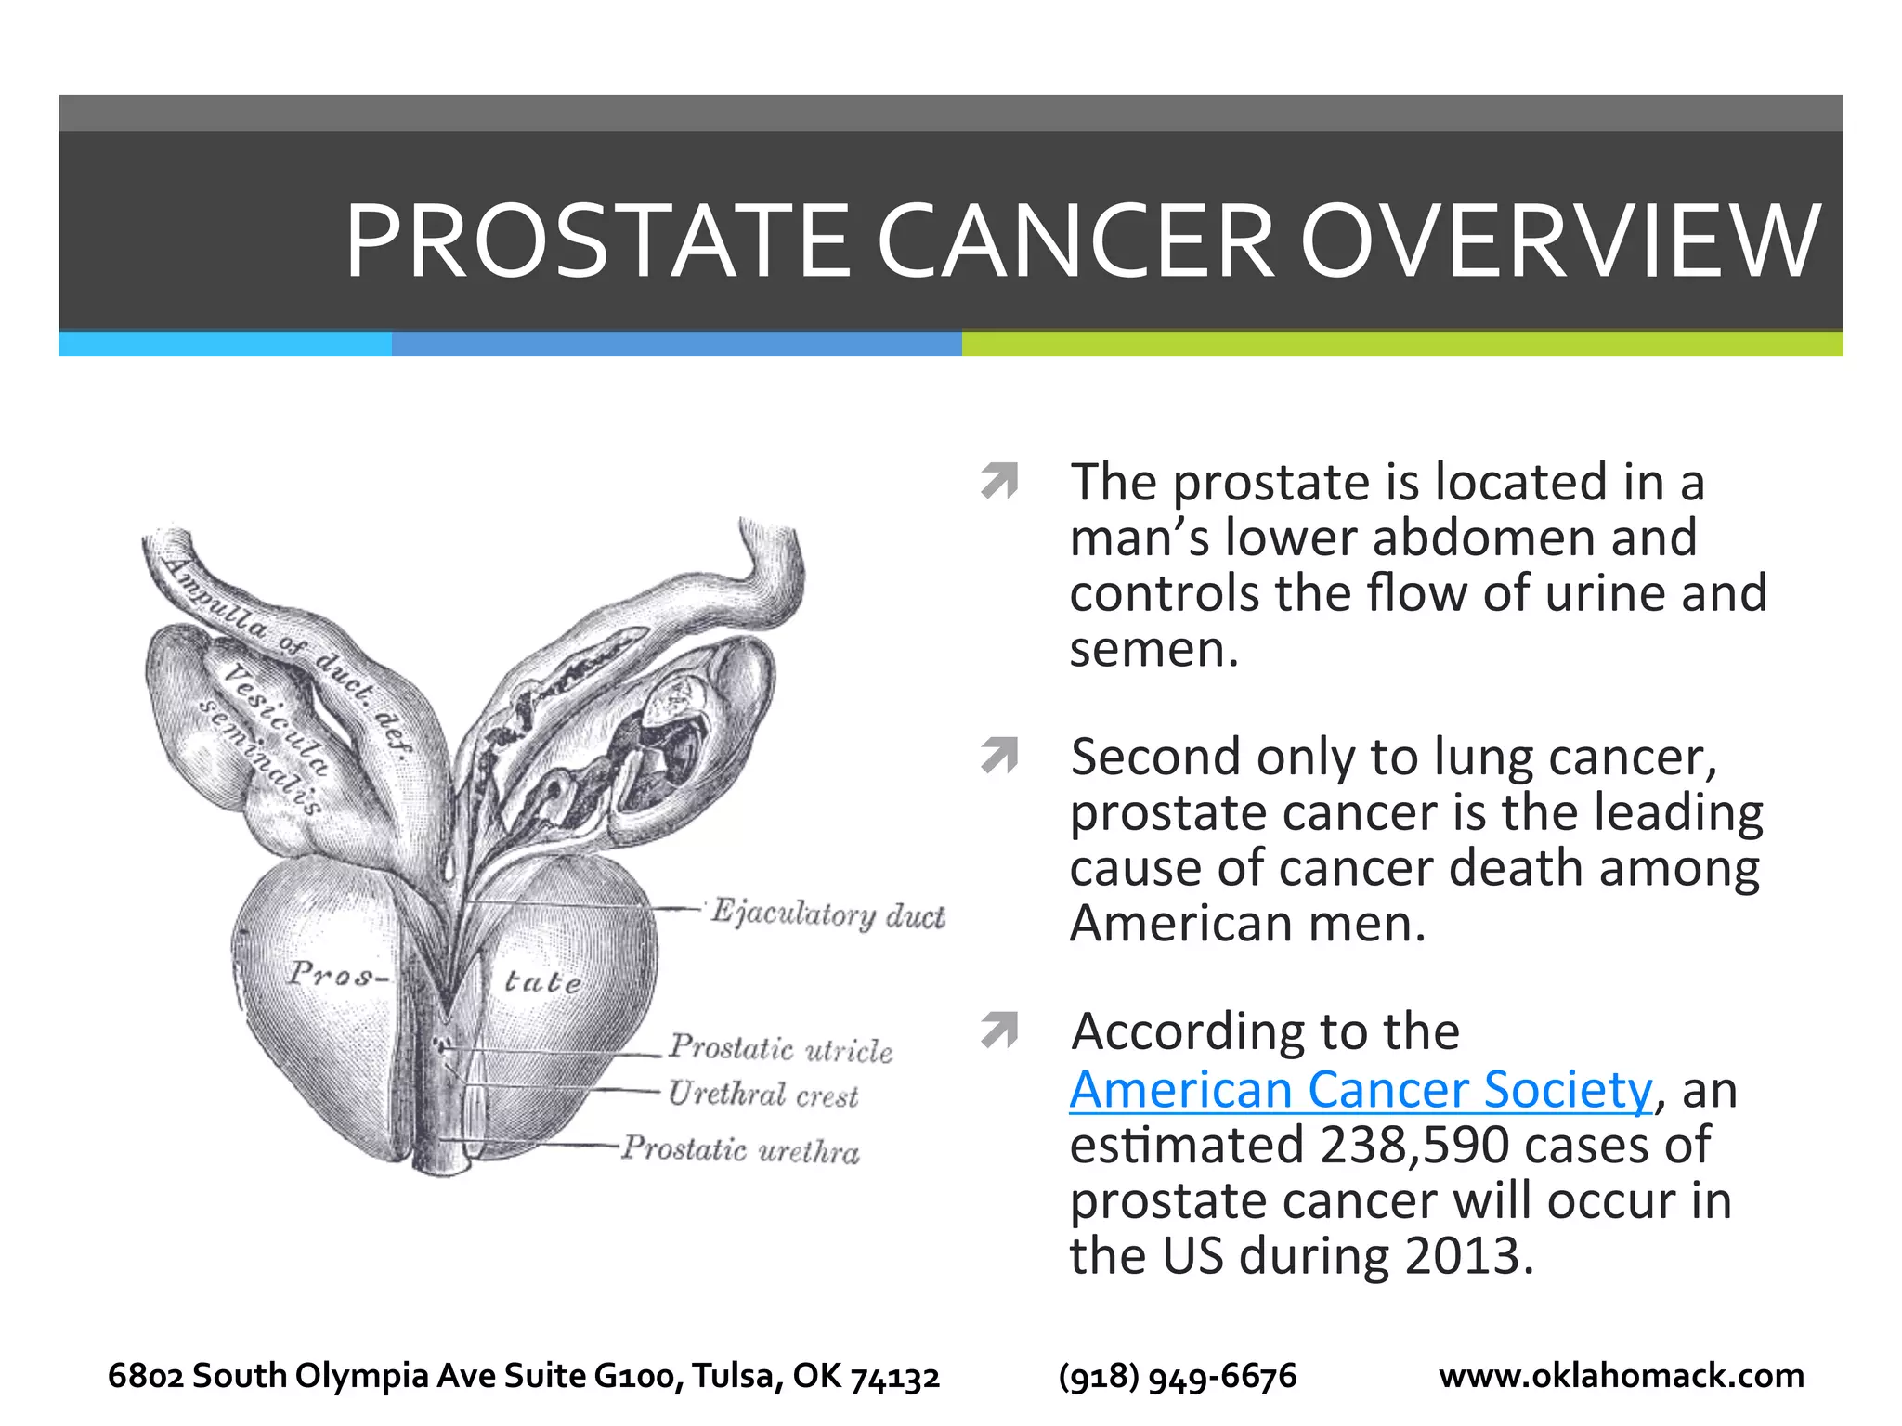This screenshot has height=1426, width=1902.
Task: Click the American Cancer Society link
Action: pyautogui.click(x=1361, y=1089)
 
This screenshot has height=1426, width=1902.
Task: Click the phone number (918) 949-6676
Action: pyautogui.click(x=1177, y=1375)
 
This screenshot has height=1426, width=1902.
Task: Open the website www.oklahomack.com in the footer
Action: pyautogui.click(x=1621, y=1375)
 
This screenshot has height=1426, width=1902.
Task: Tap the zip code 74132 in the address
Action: pyautogui.click(x=895, y=1377)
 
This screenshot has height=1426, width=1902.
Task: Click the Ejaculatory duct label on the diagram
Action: pyautogui.click(x=827, y=914)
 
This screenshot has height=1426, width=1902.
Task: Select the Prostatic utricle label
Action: pyautogui.click(x=780, y=1048)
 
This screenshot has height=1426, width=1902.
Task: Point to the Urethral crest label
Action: pyautogui.click(x=762, y=1095)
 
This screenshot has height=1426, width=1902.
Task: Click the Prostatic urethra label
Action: pyautogui.click(x=740, y=1149)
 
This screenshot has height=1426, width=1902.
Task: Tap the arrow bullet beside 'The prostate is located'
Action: pyautogui.click(x=999, y=481)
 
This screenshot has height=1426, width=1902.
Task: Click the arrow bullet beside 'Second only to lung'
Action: pyautogui.click(x=999, y=756)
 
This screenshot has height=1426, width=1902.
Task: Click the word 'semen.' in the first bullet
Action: pyautogui.click(x=1153, y=649)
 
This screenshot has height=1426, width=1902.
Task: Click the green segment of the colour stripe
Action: pyautogui.click(x=1401, y=344)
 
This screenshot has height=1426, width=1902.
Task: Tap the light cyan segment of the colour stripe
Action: pyautogui.click(x=225, y=344)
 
